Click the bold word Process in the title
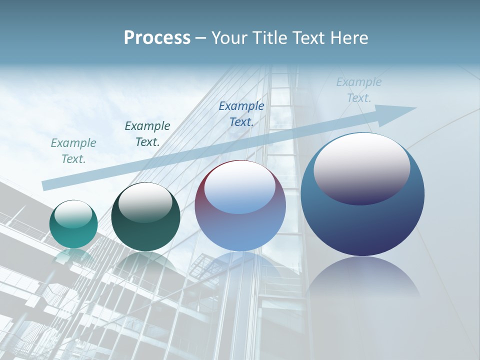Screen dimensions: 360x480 157,38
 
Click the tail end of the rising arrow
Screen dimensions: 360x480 46,185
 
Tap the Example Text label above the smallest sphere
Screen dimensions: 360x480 73,151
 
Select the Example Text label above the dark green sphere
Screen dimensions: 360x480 147,134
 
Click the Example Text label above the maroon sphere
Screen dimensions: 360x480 241,114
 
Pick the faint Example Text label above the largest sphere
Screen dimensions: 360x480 359,90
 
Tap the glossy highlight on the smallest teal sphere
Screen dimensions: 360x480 73,214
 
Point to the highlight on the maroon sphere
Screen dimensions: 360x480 240,187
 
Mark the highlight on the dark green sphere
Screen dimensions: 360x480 145,201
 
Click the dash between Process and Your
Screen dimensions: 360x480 200,38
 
